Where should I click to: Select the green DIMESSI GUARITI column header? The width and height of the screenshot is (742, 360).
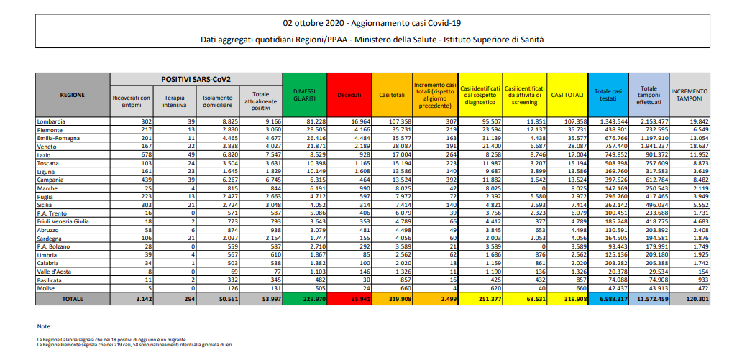(305, 95)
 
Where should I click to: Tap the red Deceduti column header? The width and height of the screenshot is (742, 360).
(348, 95)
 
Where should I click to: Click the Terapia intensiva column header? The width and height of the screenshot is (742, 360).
(174, 101)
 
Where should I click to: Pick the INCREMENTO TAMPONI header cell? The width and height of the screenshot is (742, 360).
(689, 95)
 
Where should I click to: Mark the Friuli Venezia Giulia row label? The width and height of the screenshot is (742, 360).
(64, 221)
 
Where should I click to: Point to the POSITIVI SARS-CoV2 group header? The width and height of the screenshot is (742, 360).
(196, 78)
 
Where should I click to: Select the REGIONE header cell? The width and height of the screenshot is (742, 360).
(73, 95)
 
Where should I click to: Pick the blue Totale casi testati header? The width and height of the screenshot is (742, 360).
(608, 95)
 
